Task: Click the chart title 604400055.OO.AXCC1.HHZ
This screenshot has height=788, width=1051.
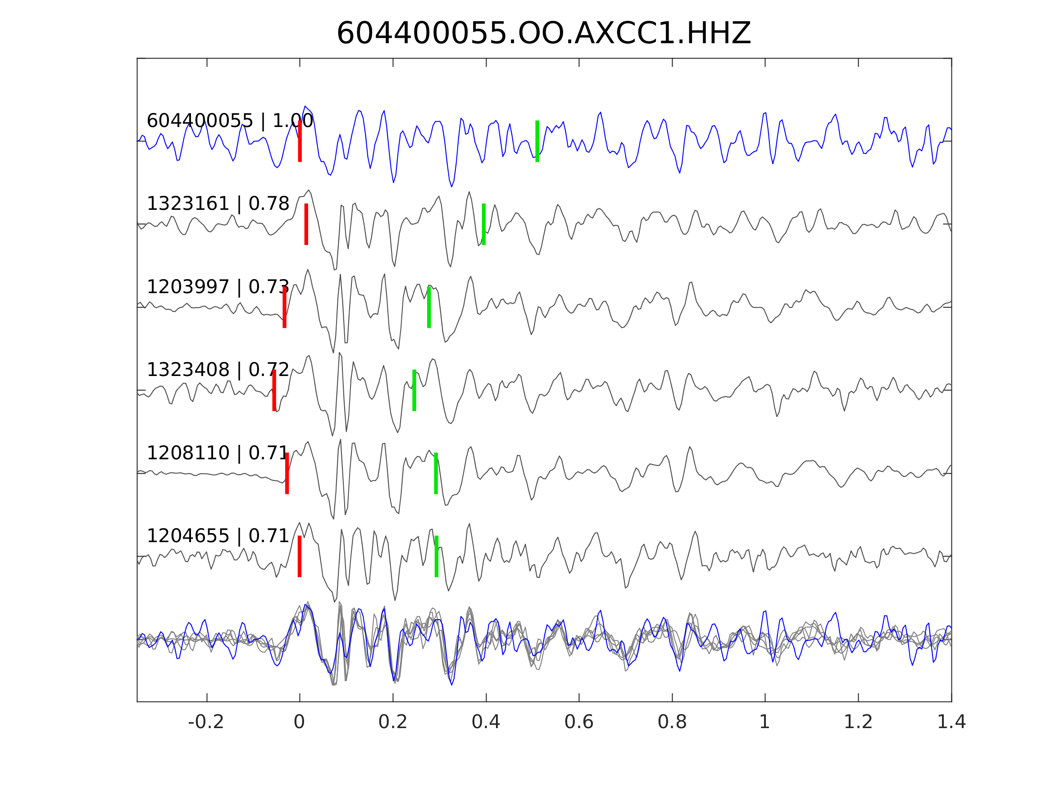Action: [x=543, y=34]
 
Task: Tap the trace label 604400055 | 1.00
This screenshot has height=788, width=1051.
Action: [x=230, y=121]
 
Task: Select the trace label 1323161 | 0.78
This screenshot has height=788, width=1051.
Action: [x=218, y=204]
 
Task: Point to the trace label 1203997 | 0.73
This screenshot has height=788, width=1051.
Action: [x=218, y=287]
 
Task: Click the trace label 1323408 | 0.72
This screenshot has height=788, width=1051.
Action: [x=218, y=370]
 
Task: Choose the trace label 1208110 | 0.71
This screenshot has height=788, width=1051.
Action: [x=218, y=453]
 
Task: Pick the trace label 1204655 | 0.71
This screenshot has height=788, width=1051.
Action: [x=218, y=536]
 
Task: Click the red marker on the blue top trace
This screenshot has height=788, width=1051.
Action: [x=300, y=141]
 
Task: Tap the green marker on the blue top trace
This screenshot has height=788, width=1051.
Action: [x=537, y=141]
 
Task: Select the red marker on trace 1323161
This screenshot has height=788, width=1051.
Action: [x=306, y=224]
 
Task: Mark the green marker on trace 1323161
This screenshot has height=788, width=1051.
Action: [x=483, y=224]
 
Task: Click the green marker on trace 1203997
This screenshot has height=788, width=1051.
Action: [x=428, y=307]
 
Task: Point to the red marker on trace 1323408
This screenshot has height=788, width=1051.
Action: [x=274, y=390]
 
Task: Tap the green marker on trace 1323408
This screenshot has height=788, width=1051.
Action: [x=414, y=390]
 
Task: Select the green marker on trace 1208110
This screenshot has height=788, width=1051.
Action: [x=436, y=473]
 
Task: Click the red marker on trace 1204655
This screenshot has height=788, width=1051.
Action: [x=299, y=556]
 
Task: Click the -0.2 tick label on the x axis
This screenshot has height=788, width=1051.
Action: [x=206, y=722]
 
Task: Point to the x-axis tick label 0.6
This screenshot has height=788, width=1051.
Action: [x=579, y=722]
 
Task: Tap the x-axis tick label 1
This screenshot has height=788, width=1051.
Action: [x=764, y=722]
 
